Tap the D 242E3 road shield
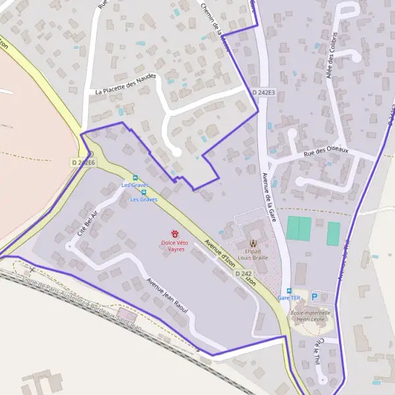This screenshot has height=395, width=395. [x=263, y=93]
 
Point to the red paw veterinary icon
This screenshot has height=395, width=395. [x=176, y=234]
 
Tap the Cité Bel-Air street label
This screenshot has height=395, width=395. [x=88, y=224]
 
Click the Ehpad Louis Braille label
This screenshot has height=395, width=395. [x=253, y=255]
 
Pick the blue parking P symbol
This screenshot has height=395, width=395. [x=315, y=297]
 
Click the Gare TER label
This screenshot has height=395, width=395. [x=288, y=298]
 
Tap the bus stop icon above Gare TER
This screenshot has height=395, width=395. [x=288, y=290]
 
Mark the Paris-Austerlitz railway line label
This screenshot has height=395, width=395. [x=82, y=303]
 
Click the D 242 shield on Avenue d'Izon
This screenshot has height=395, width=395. [x=243, y=273]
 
